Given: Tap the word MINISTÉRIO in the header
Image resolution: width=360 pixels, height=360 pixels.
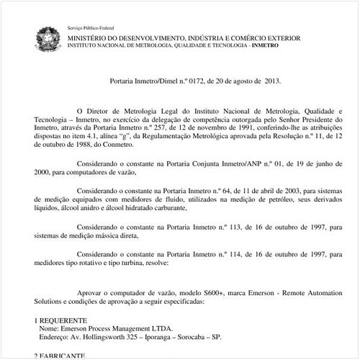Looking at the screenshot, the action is pyautogui.click(x=90, y=36).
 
